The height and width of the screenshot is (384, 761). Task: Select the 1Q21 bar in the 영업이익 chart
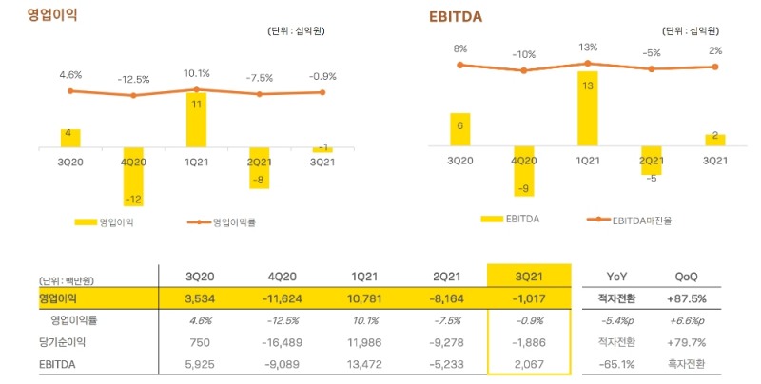(197, 120)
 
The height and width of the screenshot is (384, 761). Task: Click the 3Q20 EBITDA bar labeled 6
(459, 129)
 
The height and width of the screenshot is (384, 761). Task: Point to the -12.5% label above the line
(133, 79)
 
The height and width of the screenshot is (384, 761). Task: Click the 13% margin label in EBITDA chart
(587, 47)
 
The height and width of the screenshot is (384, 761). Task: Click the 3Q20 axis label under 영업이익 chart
(69, 162)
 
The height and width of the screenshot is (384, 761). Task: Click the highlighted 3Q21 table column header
(528, 276)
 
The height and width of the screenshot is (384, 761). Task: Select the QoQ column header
(685, 276)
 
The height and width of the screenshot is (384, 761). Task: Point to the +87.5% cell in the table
(685, 298)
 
